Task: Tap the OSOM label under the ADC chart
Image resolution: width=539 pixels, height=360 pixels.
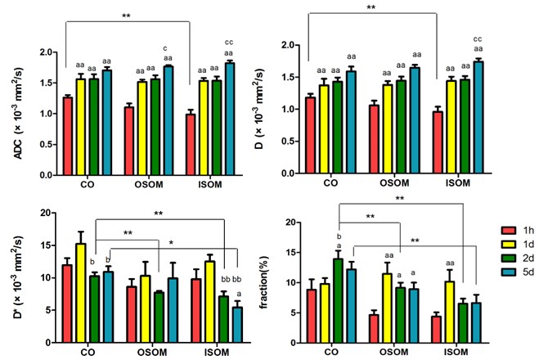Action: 149,184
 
